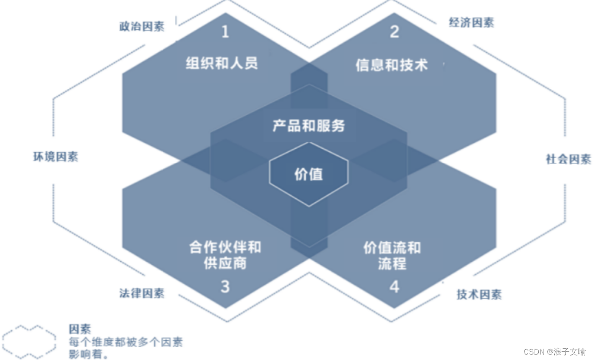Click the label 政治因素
coord(142,26)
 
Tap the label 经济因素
coord(471,23)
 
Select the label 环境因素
coord(56,157)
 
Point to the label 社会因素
coord(568,159)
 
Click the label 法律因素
coord(142,293)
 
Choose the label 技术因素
coord(479,294)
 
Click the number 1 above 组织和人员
coord(225,32)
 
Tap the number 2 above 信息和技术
coord(395,31)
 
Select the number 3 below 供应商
coord(225,287)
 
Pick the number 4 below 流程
coord(395,287)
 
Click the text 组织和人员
coord(222,63)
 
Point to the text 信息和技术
coord(392,65)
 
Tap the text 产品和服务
coord(309,126)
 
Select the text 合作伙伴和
coord(225,247)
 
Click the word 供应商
coord(225,263)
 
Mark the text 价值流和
coord(392,248)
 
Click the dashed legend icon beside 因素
coord(29,341)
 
